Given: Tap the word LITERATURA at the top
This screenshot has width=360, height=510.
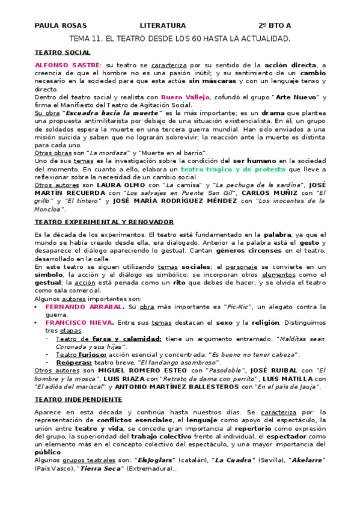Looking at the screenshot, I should [163, 25].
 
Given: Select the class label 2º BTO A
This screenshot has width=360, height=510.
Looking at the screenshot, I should [275, 25].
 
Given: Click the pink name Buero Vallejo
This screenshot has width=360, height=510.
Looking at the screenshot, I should [185, 97].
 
